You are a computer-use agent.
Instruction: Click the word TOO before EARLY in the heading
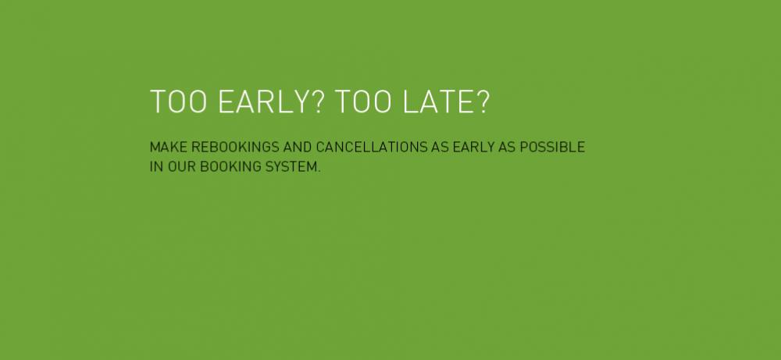178,102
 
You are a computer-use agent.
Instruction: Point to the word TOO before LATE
363,102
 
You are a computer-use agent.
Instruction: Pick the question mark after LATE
483,102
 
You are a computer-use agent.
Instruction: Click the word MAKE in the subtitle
169,148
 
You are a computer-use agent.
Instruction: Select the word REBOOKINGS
236,148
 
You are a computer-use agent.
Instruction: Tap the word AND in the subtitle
298,148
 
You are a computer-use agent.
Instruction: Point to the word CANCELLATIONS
372,148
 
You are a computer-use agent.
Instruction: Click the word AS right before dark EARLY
440,148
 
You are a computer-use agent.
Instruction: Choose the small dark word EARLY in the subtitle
474,148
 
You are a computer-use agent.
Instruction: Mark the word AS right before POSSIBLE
507,148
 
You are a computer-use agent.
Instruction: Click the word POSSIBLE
552,148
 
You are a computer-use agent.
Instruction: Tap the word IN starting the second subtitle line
156,167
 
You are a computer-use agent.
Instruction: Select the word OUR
182,167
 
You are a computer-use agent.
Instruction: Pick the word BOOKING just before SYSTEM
230,167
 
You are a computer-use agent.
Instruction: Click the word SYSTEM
291,167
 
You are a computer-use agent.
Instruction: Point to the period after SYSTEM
319,171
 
